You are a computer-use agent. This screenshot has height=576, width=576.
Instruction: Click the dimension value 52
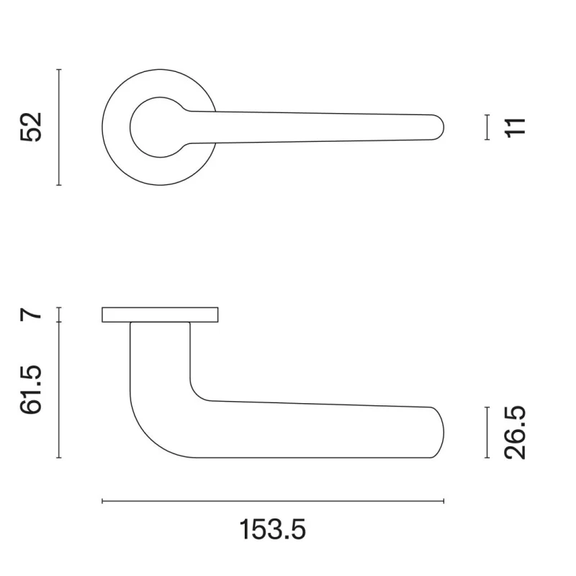[32, 127]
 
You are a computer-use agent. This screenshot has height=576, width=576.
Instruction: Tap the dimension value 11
[516, 127]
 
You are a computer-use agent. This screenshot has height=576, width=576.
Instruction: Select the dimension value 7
[32, 315]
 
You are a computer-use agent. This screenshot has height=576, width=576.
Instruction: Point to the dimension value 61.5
[32, 390]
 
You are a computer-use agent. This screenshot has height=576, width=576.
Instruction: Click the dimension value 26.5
[516, 432]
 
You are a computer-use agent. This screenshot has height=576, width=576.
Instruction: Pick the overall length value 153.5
[273, 530]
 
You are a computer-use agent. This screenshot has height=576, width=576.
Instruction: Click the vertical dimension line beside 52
[58, 127]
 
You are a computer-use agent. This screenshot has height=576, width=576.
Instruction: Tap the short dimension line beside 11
[487, 127]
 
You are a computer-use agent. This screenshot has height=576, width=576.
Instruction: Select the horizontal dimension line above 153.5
[273, 501]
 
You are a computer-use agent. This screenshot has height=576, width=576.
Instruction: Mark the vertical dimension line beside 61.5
[58, 390]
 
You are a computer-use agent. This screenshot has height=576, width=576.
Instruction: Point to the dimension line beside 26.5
[487, 432]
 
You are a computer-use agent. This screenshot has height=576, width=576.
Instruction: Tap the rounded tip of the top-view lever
[439, 127]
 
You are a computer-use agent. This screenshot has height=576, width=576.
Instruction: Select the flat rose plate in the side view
[160, 315]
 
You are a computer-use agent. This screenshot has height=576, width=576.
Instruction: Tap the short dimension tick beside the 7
[58, 315]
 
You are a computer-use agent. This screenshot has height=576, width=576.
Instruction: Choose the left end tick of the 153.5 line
[103, 501]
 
